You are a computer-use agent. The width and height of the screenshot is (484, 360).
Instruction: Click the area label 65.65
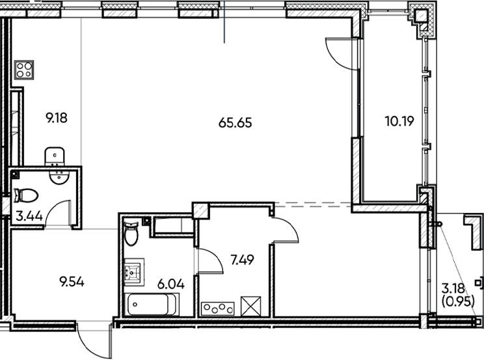click(235, 122)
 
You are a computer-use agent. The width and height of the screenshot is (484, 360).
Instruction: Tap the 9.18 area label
click(57, 118)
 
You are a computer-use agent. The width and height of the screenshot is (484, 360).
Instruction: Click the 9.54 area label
click(72, 282)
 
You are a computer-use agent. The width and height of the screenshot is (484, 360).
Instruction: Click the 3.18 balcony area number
click(453, 288)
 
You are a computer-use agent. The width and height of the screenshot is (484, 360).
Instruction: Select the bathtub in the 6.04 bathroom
click(153, 304)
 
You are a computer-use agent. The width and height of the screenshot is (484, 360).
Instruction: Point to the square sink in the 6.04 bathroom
click(133, 271)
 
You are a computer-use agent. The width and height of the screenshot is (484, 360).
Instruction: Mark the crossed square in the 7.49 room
click(250, 305)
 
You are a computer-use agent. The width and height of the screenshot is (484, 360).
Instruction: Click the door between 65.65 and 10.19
click(339, 50)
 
